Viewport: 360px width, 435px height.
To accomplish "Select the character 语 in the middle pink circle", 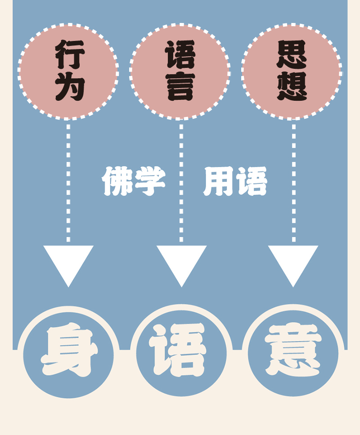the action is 180,54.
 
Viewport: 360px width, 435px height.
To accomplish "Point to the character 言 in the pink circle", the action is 180,86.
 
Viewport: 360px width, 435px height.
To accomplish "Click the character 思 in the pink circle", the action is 292,54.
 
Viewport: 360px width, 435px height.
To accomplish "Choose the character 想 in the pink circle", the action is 292,86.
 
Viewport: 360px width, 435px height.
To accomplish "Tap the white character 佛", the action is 117,182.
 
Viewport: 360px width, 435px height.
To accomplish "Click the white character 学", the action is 150,182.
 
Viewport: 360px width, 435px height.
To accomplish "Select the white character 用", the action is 219,182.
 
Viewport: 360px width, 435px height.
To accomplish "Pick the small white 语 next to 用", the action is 252,182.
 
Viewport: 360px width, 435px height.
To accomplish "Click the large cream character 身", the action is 69,350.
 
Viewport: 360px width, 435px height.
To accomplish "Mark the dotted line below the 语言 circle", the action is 181,211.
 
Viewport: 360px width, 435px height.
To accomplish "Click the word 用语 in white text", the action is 235,182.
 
